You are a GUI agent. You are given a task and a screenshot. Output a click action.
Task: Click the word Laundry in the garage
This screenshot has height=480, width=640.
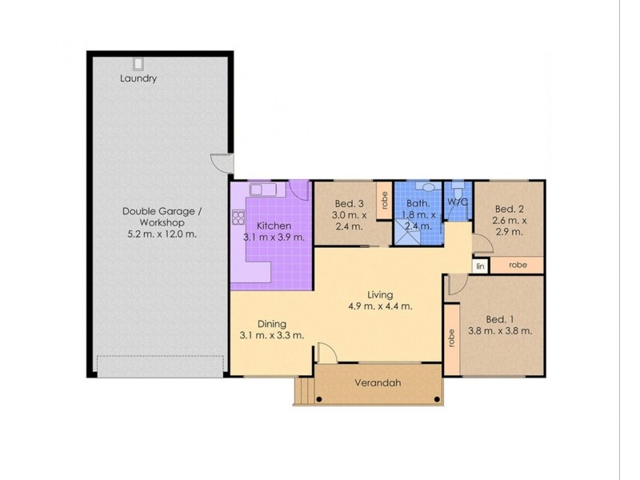(138, 78)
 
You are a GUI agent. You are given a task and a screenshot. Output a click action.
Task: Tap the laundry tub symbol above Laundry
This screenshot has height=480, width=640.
(138, 64)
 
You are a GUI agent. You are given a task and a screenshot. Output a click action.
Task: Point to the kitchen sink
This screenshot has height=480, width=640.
(262, 190)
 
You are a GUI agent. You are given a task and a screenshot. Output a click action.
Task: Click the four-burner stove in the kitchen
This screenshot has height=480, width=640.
(238, 217)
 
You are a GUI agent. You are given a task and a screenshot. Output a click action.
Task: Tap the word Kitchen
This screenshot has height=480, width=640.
(273, 226)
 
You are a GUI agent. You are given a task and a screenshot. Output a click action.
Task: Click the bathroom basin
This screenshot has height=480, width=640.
(428, 187)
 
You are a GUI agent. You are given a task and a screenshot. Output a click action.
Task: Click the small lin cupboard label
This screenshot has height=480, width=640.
(480, 266)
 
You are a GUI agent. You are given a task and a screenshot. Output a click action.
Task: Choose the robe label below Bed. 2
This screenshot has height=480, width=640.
(518, 265)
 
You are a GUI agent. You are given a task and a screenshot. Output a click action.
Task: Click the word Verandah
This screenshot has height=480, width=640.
(378, 383)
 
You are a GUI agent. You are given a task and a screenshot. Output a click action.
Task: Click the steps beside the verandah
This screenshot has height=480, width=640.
(303, 390)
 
